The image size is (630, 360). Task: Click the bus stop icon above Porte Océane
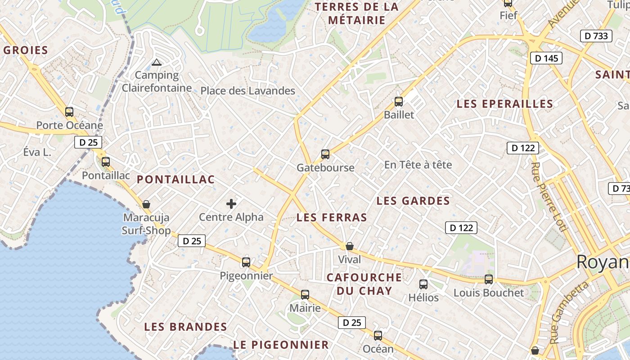[69, 112]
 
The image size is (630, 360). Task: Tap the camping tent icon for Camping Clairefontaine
[157, 62]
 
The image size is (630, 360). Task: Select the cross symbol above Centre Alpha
[231, 204]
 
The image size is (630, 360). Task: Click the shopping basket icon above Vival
[350, 246]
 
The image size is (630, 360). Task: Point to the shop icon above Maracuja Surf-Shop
[146, 204]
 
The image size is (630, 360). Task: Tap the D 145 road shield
[546, 58]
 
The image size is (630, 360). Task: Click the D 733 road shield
[596, 36]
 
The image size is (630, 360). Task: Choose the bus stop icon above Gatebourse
[325, 154]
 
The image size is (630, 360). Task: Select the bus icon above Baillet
[399, 102]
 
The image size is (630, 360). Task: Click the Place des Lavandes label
[247, 91]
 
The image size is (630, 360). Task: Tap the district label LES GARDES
[413, 201]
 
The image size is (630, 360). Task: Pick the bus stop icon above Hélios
[423, 284]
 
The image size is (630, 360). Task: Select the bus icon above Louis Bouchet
[489, 279]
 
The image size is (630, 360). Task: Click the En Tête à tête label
[418, 165]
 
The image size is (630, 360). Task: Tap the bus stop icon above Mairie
[305, 295]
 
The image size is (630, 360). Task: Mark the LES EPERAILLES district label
[505, 104]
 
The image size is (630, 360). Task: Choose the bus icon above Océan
[378, 336]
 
